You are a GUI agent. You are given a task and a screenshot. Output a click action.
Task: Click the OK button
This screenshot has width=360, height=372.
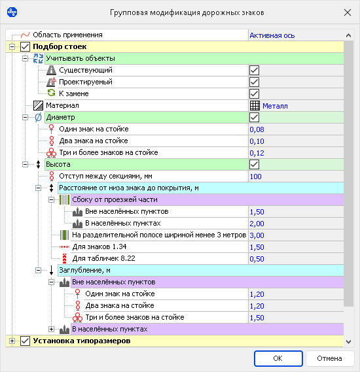coord(278,358)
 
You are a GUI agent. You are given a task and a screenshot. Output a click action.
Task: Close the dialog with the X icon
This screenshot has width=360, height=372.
coord(348,12)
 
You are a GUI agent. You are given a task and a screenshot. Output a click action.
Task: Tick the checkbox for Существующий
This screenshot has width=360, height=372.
coord(254,71)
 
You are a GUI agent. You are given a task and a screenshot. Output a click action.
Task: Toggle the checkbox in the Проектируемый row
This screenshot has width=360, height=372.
coord(254,82)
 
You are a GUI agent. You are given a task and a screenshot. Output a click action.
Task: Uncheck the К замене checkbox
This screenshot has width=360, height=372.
coord(254,94)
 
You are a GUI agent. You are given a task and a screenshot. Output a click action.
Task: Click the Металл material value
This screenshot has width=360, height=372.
coord(275,106)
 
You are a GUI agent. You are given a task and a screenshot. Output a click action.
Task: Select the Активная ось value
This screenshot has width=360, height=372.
coord(272,35)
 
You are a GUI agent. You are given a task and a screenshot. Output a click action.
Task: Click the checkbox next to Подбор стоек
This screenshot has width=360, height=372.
coord(25,46)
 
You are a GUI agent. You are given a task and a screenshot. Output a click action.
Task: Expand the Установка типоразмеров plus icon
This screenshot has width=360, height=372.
coord(12,341)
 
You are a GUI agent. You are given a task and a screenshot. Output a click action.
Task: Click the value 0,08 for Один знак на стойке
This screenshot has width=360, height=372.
coord(257,129)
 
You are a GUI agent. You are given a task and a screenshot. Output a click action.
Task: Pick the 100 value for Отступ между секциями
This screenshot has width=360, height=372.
coord(255,177)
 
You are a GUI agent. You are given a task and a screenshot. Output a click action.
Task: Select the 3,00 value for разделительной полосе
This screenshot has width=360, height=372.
coord(257,235)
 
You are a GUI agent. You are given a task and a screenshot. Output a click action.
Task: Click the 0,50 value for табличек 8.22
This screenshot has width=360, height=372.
coord(257,259)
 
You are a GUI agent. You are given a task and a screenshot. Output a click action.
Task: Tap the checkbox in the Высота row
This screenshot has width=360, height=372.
coord(254,164)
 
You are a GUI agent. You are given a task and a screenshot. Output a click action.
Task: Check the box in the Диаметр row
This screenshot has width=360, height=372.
coord(254,118)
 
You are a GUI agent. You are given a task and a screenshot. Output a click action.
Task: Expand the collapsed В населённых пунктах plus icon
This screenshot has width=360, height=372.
coord(51,329)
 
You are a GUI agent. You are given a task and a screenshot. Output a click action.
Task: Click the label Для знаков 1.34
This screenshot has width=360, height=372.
coord(99,246)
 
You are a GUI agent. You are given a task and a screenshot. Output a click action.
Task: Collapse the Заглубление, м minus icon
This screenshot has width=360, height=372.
coord(38,270)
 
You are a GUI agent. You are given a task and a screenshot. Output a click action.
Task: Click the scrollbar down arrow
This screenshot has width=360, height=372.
coord(348,342)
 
